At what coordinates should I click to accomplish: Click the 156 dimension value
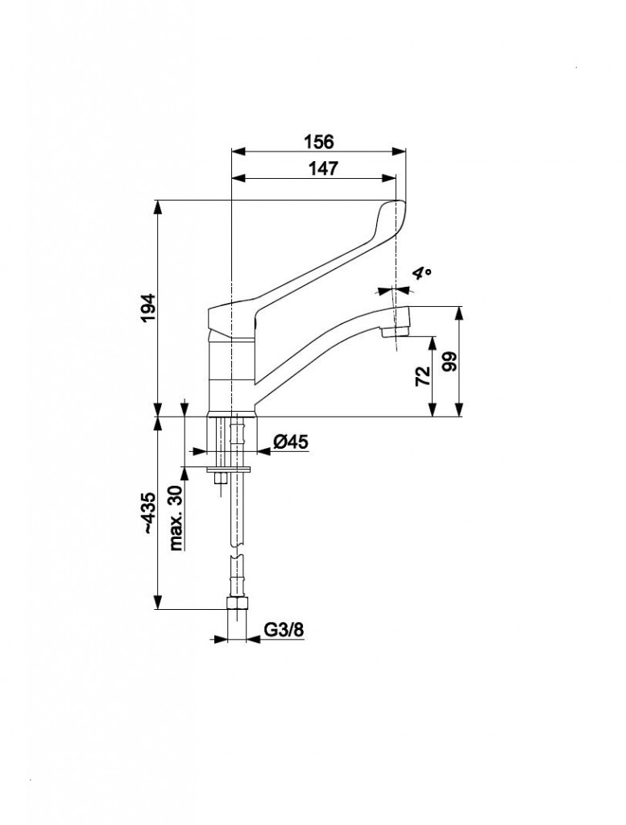pos(319,141)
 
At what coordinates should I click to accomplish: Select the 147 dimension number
pos(322,168)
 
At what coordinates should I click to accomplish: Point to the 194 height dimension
pos(149,308)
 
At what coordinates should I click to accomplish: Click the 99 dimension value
pos(451,362)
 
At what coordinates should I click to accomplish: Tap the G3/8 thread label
pos(284,629)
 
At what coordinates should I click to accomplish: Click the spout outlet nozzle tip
pos(395,332)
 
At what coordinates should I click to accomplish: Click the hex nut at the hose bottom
pos(237,603)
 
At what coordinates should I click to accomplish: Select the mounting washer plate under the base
pos(229,469)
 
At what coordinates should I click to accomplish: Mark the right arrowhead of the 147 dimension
pos(389,178)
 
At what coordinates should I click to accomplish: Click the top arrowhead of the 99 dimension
pos(459,313)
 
